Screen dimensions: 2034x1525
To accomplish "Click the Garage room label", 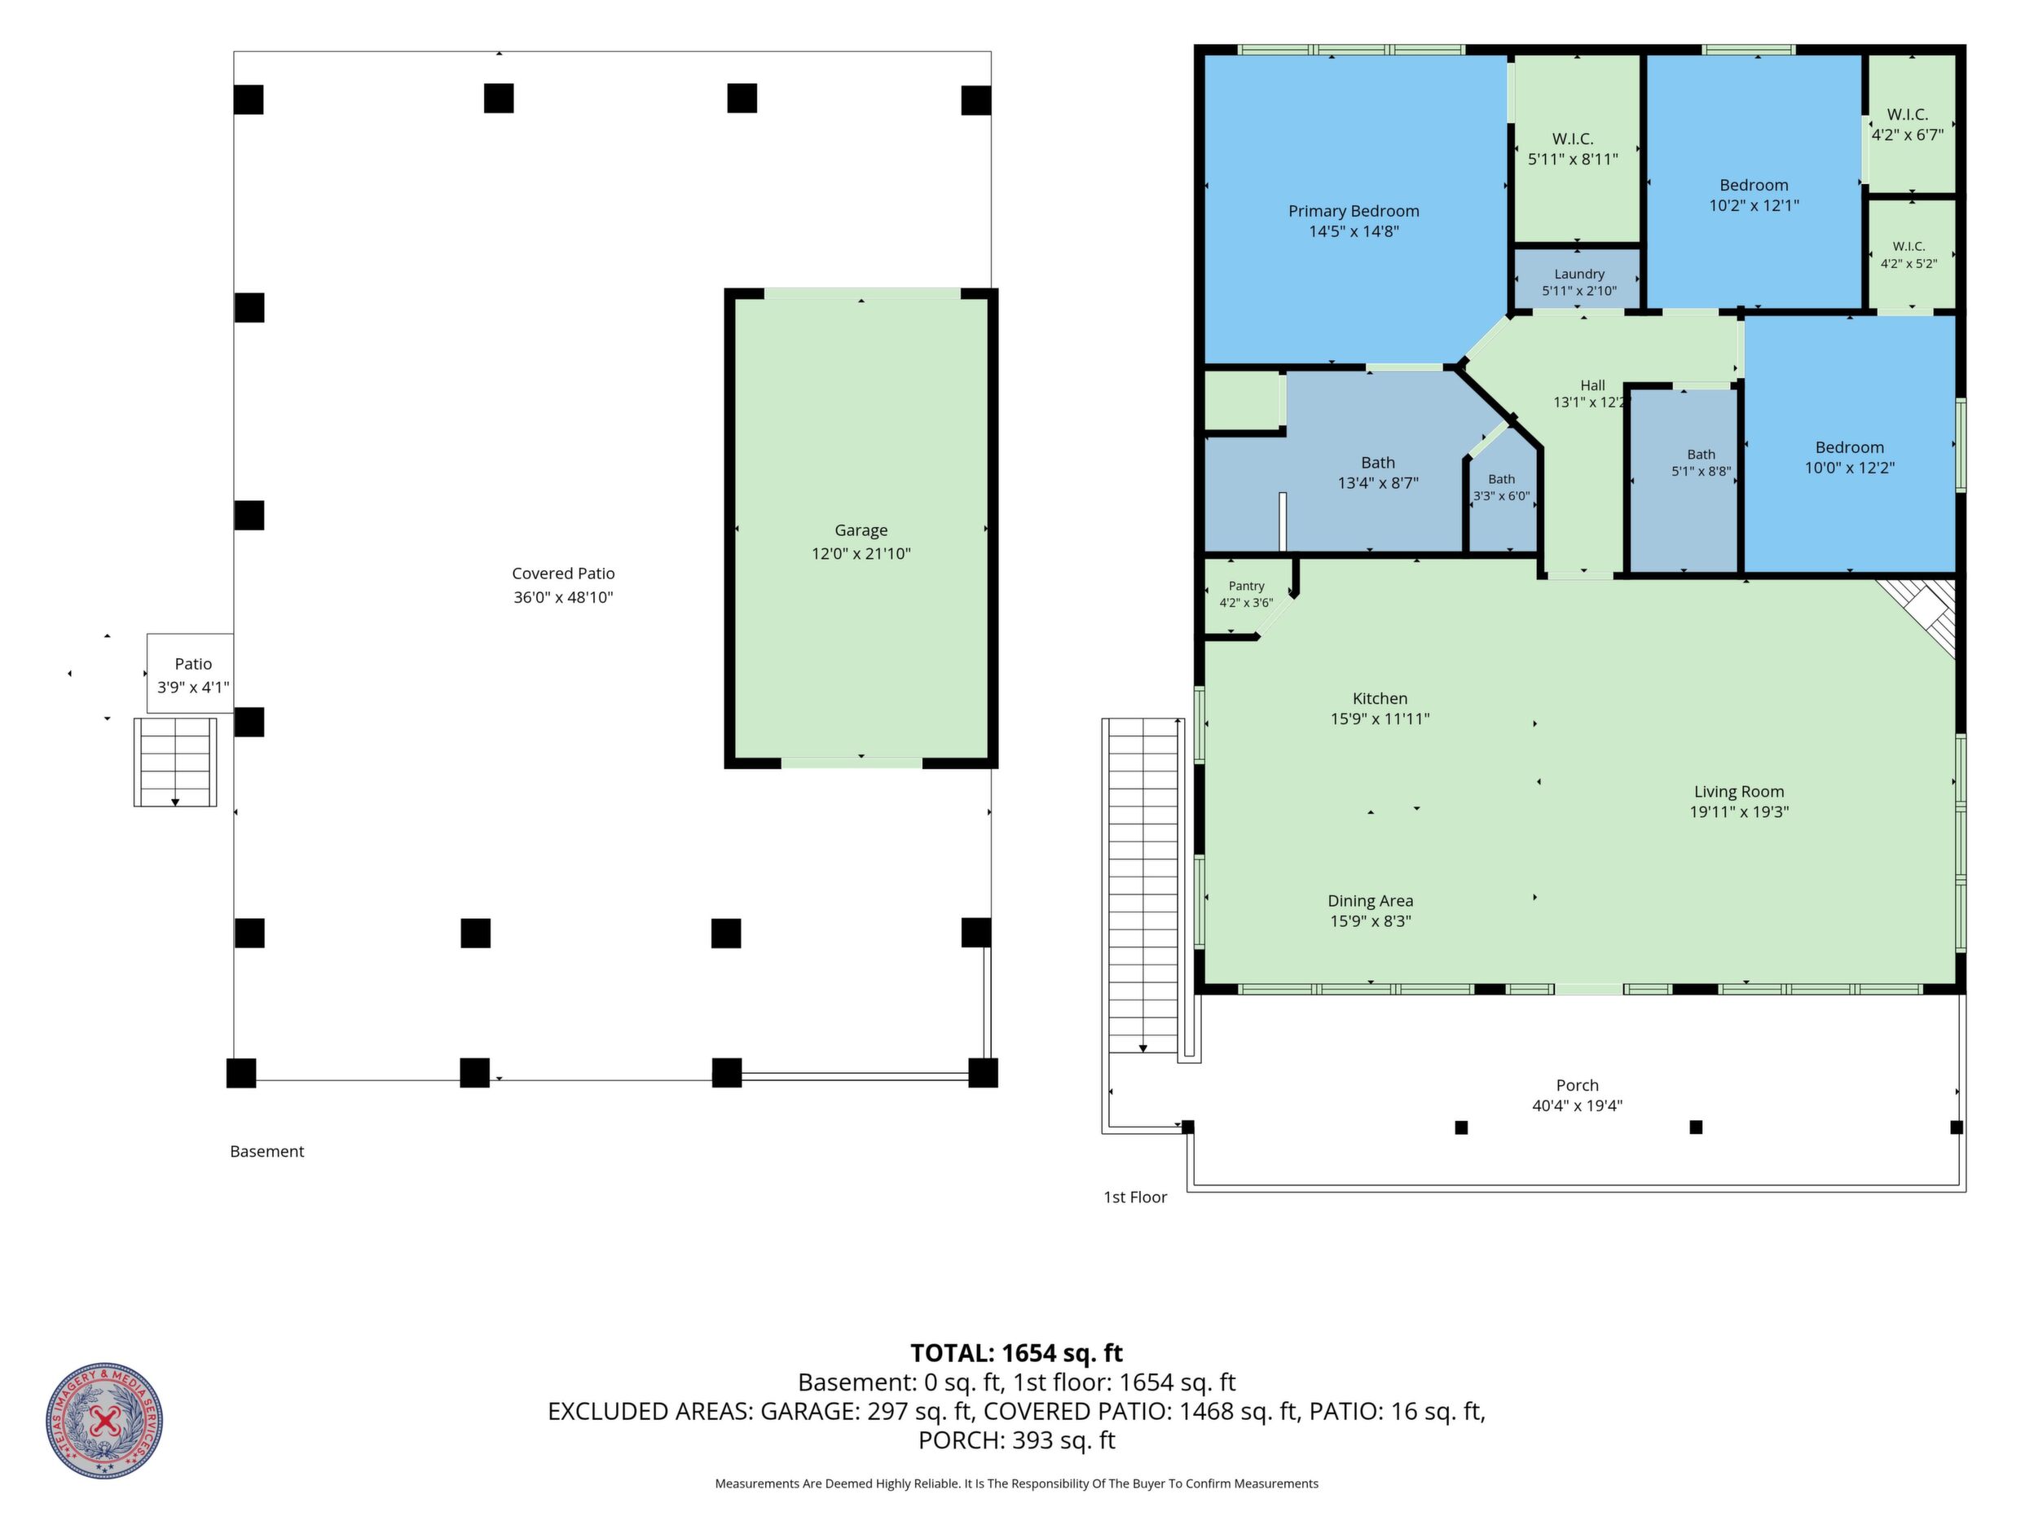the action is pos(861,530).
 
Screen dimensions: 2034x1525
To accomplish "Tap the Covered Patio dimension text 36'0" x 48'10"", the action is pos(563,597).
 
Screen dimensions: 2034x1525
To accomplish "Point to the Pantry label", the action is pos(1246,587).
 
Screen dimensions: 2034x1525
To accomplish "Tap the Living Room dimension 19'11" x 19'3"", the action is pos(1739,811).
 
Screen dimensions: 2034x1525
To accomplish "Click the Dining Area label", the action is pos(1370,901).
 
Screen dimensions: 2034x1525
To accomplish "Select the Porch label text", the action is pos(1577,1086).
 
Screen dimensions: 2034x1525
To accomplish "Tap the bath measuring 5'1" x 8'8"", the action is pos(1684,480).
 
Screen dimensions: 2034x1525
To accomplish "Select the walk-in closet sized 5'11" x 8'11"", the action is pos(1576,149).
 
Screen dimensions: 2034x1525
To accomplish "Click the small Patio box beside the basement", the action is pos(191,673).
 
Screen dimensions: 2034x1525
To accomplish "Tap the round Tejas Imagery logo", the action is pos(105,1420).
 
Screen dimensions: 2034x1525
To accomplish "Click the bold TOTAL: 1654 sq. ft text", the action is pos(1016,1353).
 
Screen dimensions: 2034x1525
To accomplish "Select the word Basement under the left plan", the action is pos(266,1151).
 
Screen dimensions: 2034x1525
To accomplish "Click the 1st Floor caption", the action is pos(1134,1197).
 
